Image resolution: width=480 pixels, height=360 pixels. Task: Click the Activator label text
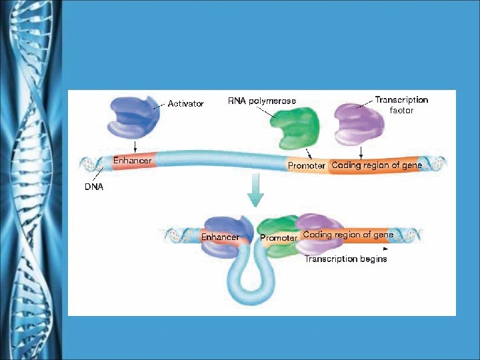coord(185,104)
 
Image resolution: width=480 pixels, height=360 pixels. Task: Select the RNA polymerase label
coord(262,101)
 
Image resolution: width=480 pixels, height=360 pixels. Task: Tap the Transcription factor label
coord(401,105)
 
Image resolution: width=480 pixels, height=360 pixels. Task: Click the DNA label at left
coord(93,187)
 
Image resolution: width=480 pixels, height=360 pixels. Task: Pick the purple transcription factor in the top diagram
coord(357,125)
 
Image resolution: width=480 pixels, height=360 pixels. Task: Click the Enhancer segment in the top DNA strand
coord(132,161)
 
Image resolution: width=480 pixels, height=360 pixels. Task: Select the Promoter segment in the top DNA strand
coord(307,165)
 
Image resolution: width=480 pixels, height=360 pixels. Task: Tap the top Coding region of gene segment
coord(376,165)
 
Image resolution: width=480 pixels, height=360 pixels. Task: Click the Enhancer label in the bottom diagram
coord(220,237)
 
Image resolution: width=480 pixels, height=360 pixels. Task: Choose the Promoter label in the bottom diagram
coord(278,238)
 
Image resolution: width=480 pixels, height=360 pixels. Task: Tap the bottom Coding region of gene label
coord(348,235)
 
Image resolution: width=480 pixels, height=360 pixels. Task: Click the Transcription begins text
coord(345,259)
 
